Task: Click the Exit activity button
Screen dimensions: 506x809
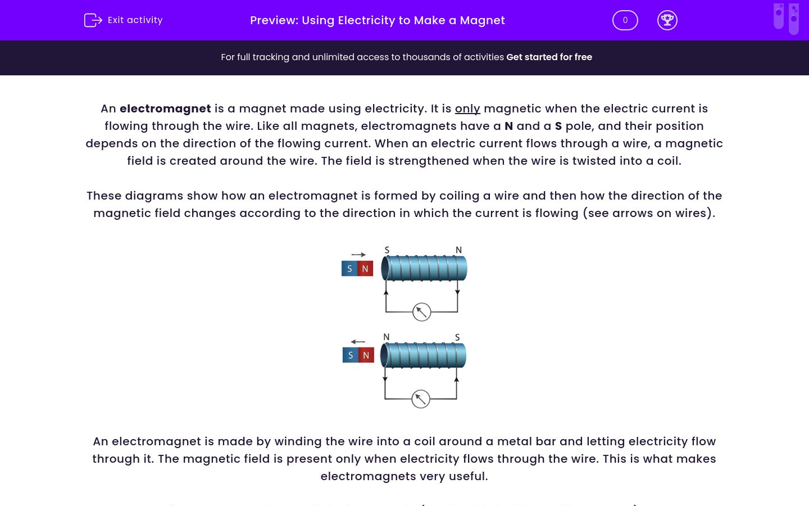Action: click(124, 20)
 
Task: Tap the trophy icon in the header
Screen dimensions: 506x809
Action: click(667, 20)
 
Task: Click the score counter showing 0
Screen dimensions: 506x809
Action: click(625, 20)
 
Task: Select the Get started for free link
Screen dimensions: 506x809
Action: click(549, 57)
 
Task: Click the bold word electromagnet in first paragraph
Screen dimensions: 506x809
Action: click(165, 109)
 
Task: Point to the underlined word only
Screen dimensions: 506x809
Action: click(467, 109)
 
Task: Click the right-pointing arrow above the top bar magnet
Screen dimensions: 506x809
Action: click(358, 255)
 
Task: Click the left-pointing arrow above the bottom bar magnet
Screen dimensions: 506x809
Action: click(358, 342)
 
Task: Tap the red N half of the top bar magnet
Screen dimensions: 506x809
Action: click(365, 269)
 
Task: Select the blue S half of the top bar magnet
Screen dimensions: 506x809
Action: click(349, 269)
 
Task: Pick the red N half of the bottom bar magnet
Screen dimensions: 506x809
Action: click(366, 355)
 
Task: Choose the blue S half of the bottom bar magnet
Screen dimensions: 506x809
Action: click(351, 355)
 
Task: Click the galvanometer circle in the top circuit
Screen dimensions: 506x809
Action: click(421, 312)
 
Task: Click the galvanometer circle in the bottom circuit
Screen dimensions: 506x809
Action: click(421, 399)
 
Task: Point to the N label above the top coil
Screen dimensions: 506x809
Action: click(458, 250)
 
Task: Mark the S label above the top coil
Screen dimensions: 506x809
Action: click(387, 250)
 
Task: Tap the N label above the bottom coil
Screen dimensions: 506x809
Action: click(386, 337)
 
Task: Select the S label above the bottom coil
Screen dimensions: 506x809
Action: click(457, 337)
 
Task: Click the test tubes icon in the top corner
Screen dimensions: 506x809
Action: click(786, 18)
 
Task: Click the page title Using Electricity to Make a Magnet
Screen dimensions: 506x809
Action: click(377, 20)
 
